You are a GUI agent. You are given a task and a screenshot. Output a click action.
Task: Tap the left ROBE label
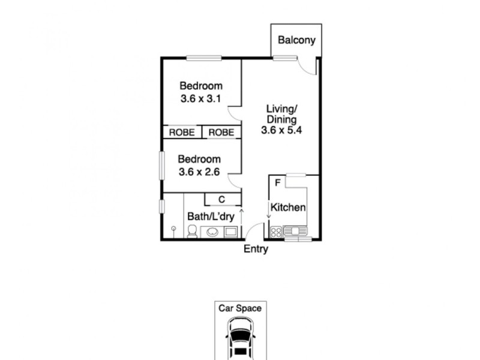point(181,133)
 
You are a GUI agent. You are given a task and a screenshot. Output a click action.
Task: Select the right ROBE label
point(221,133)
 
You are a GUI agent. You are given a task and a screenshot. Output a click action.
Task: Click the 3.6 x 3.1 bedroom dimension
point(201,98)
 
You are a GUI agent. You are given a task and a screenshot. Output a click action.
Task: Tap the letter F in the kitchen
point(277,182)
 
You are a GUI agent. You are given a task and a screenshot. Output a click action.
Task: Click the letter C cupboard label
point(221,200)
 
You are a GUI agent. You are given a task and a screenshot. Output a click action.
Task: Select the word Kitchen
point(289,208)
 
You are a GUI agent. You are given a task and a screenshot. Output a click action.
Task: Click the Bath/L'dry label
point(210,216)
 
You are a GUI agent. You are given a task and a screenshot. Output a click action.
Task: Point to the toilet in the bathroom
point(192,232)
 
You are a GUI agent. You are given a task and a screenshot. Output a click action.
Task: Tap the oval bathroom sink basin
point(212,232)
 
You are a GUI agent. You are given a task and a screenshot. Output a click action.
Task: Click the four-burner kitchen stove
point(276,231)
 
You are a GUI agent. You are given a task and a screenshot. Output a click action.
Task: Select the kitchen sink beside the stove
point(295,230)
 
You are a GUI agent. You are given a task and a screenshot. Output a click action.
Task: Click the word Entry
point(256,250)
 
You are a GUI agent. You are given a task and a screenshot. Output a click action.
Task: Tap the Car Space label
point(240,308)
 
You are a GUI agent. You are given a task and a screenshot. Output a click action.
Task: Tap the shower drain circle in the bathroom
point(173,229)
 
